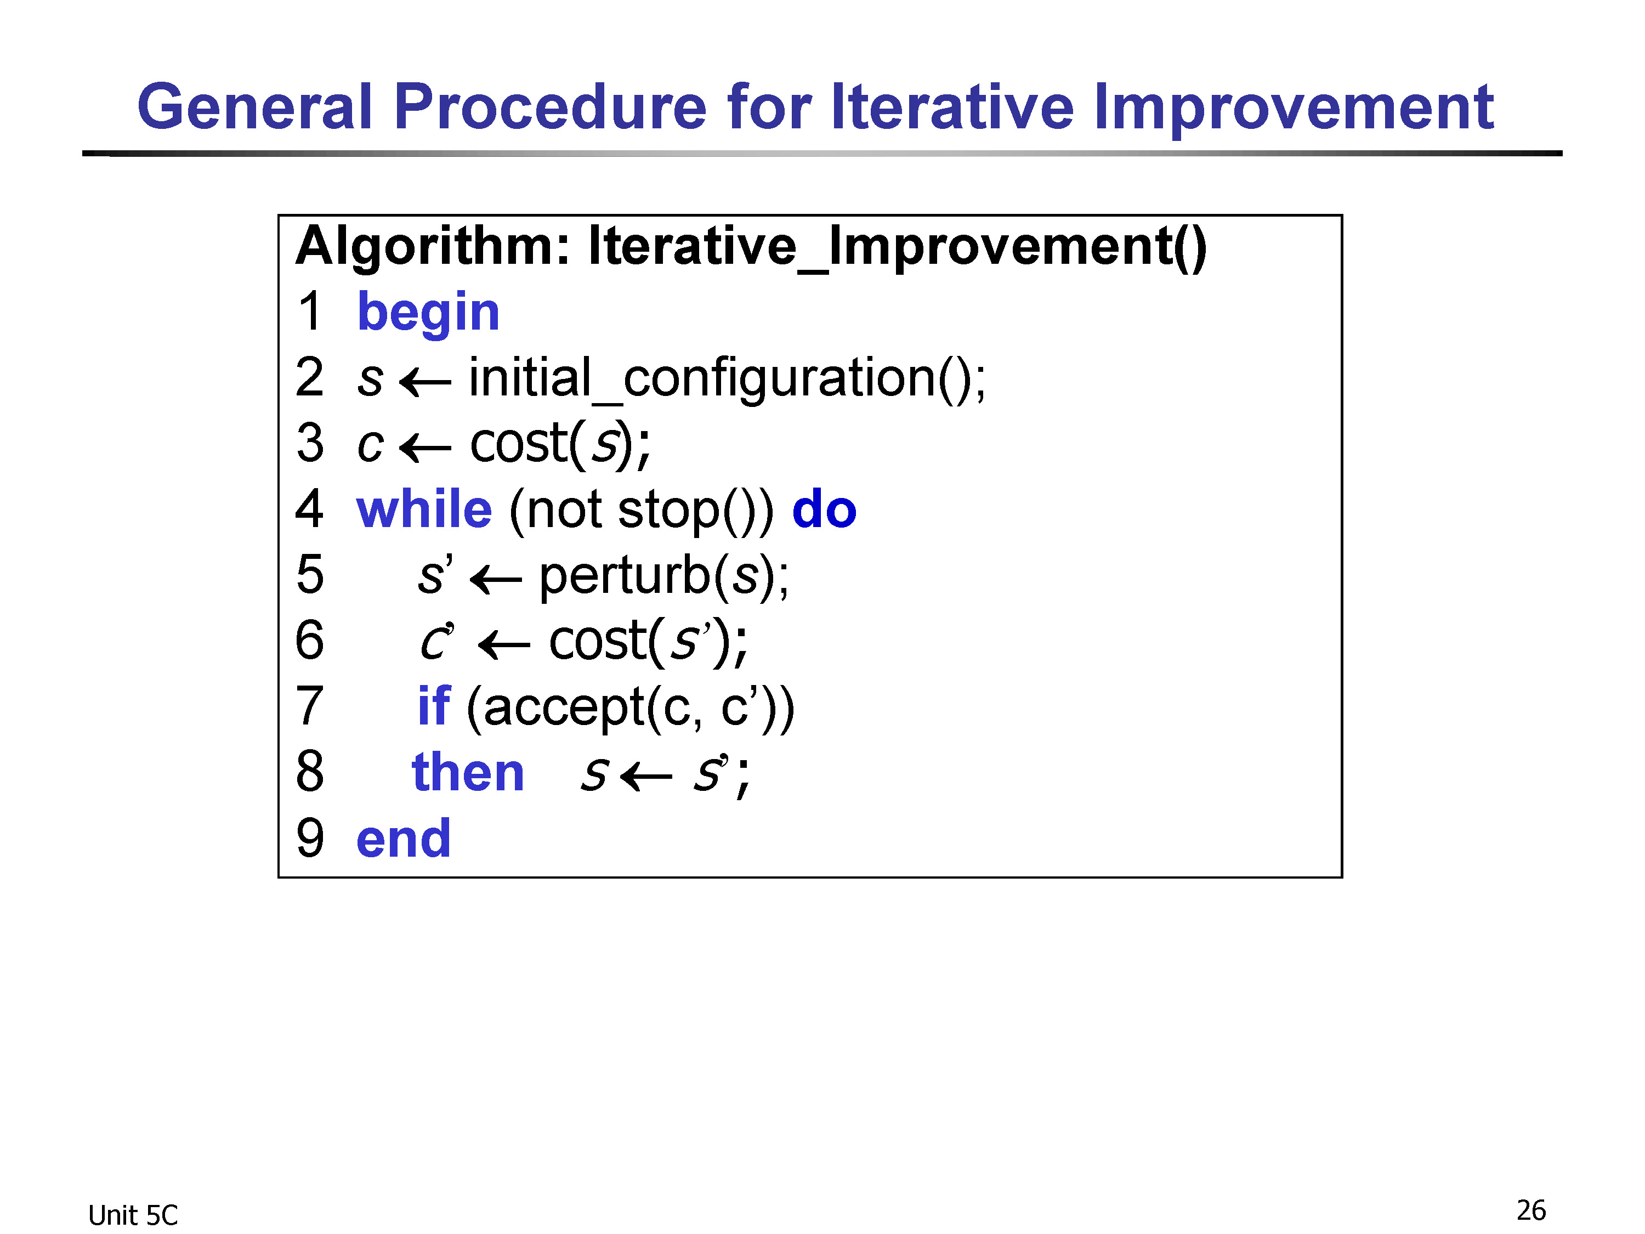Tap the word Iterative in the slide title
point(952,106)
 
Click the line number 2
point(309,377)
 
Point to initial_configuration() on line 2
point(727,378)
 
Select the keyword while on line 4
point(424,510)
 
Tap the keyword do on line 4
point(824,510)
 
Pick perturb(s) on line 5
point(663,576)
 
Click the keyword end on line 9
point(403,838)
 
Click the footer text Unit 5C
point(133,1215)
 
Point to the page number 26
point(1531,1210)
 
